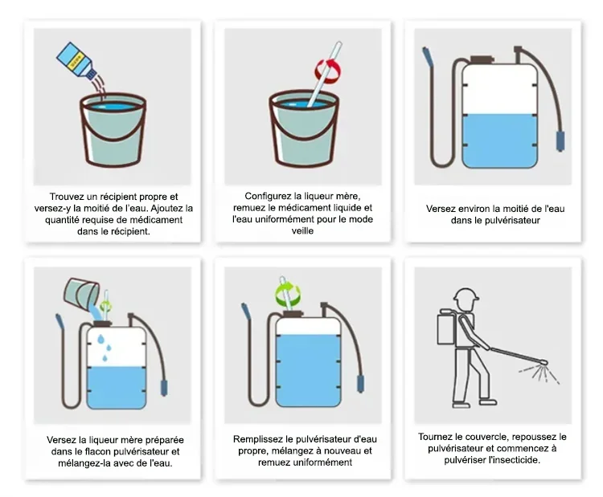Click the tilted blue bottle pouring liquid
coord(77,61)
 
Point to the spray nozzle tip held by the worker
coord(543,362)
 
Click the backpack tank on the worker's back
coord(446,326)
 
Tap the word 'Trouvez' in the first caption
coord(67,197)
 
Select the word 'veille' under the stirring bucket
coord(302,230)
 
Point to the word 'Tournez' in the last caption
coord(434,437)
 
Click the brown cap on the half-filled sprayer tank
coord(482,59)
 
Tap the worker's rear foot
coord(461,404)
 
